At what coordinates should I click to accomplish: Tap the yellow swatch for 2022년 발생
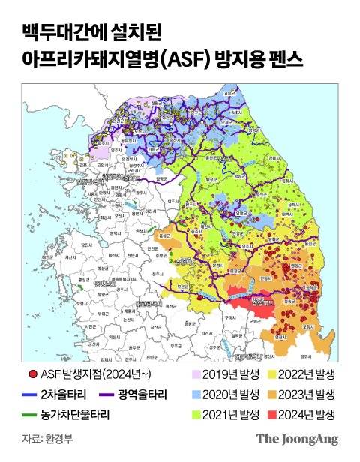point(274,373)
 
